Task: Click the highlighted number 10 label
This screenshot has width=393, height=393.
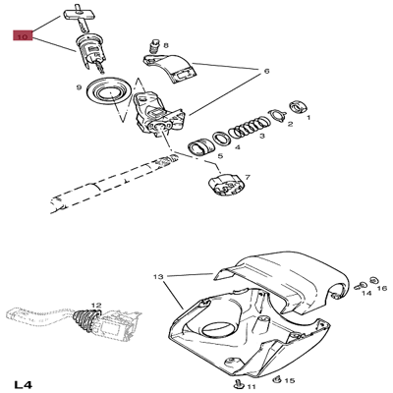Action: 22,36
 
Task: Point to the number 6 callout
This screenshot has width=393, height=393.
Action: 265,71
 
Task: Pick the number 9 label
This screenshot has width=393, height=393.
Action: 79,88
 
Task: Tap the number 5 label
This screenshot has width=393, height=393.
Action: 219,155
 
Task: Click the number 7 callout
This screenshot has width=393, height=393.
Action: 247,177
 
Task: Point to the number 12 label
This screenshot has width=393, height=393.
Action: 96,305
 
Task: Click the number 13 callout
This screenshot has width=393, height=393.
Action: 156,278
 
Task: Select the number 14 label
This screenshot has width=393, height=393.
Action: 365,292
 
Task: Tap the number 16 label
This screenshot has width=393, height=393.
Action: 383,288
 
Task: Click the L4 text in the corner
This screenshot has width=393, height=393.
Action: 25,381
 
